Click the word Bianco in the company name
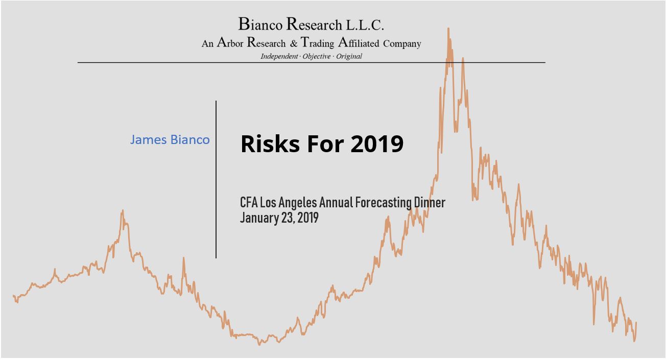260,25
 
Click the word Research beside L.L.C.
314,25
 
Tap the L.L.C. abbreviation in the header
365,25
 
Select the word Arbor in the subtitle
230,42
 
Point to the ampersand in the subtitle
294,44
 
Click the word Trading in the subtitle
317,43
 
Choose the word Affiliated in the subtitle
359,42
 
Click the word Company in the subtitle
402,44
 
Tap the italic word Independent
279,57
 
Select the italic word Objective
316,57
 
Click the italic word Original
349,57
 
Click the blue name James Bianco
170,140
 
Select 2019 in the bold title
377,144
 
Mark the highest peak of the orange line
448,28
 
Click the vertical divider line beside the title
216,180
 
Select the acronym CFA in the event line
249,202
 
